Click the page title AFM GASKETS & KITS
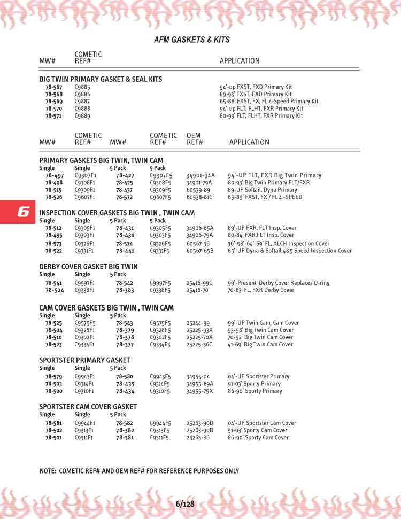191,40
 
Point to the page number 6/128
184,504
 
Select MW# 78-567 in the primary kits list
54,87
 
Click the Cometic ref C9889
82,115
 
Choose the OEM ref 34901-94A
200,175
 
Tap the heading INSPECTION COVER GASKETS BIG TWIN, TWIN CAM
117,213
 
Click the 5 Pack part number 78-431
125,228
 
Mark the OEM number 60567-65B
200,251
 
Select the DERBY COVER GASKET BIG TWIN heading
88,267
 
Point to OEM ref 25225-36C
199,345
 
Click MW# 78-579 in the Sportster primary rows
55,376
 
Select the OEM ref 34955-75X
200,391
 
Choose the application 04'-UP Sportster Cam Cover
262,423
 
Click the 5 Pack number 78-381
125,437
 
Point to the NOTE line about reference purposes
140,471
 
